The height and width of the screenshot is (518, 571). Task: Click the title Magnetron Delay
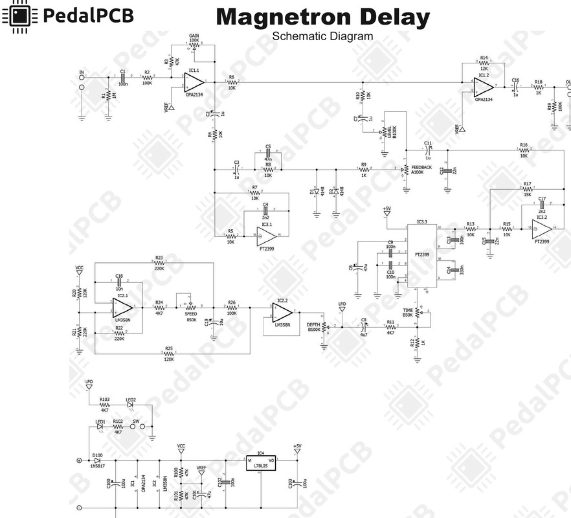[322, 17]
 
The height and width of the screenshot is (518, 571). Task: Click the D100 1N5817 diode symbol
[98, 460]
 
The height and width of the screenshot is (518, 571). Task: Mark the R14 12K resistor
[484, 63]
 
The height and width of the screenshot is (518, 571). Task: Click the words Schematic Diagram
[322, 36]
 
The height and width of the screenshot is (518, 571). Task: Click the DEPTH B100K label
[314, 327]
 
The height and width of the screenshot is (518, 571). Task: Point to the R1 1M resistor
[108, 96]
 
